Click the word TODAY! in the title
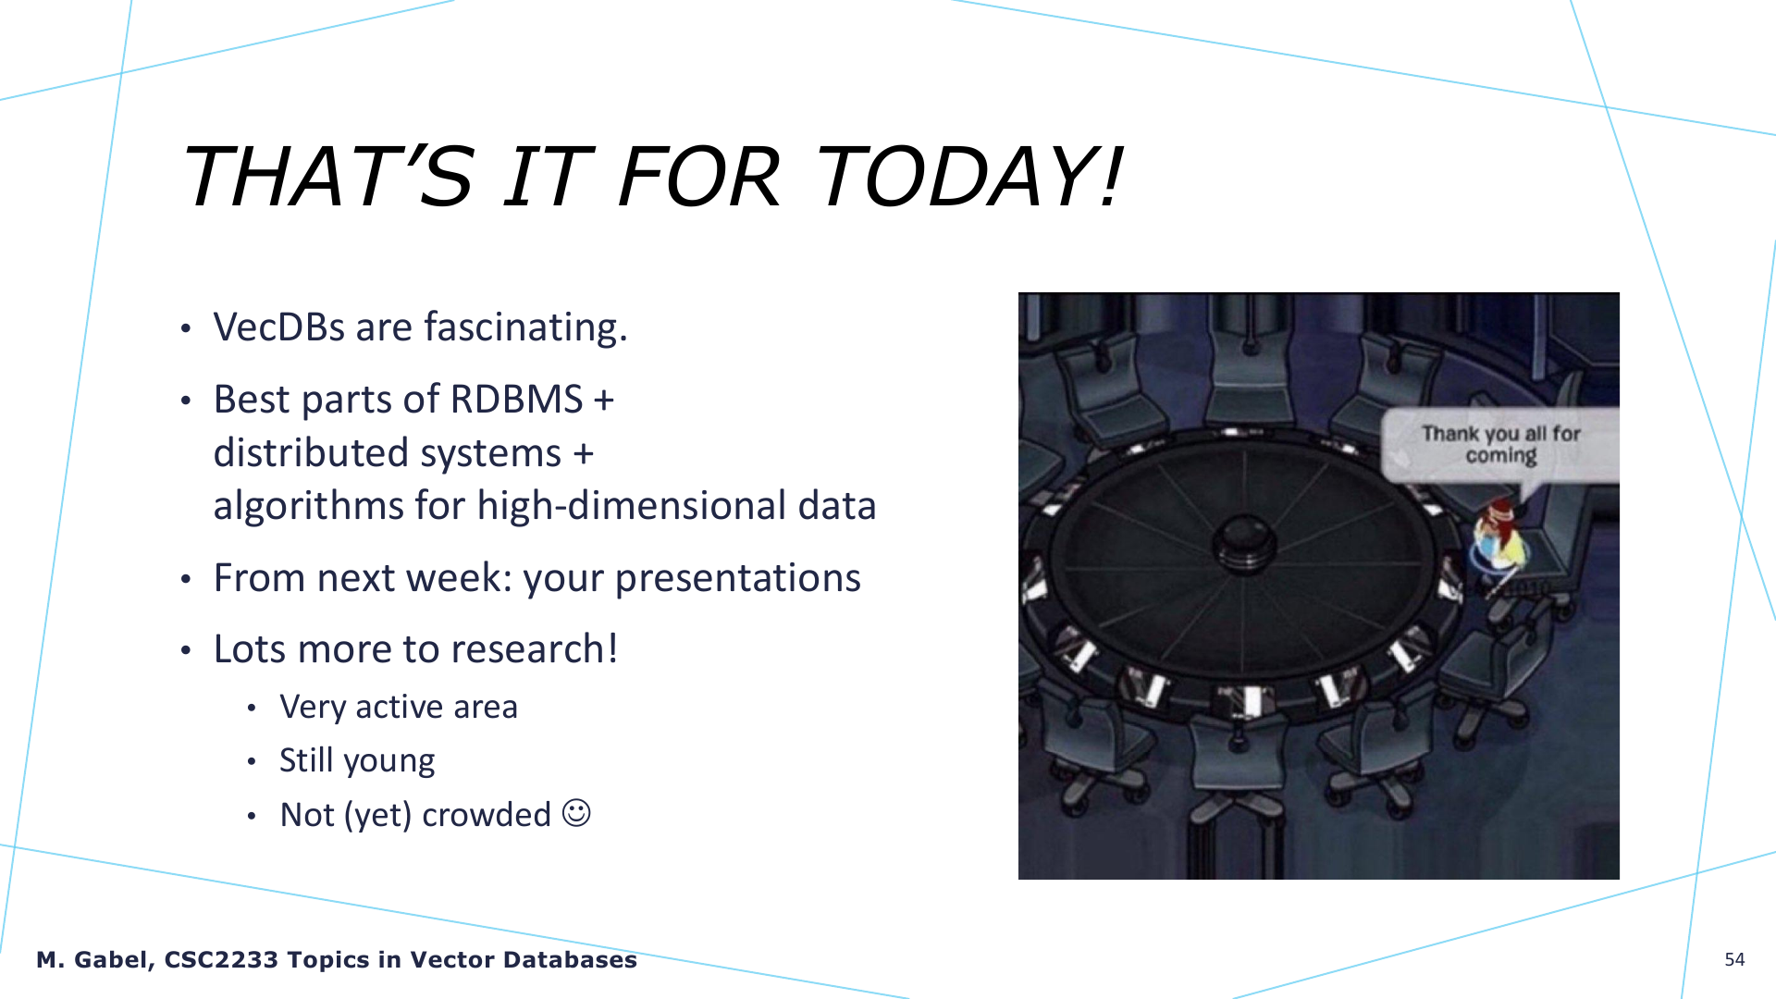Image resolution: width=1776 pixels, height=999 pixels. [968, 176]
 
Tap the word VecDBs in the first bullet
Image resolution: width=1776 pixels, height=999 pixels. [278, 327]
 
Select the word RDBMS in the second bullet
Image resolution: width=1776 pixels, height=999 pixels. [516, 400]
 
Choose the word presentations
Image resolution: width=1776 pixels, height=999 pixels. [738, 579]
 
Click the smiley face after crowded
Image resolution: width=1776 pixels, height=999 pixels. [576, 813]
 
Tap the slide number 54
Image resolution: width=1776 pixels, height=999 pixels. [1734, 959]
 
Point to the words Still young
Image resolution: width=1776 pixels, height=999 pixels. [357, 761]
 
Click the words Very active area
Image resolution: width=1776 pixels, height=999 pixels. [399, 707]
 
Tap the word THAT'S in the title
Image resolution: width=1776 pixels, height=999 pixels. [329, 176]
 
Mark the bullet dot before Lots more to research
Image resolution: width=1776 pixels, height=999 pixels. [186, 651]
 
